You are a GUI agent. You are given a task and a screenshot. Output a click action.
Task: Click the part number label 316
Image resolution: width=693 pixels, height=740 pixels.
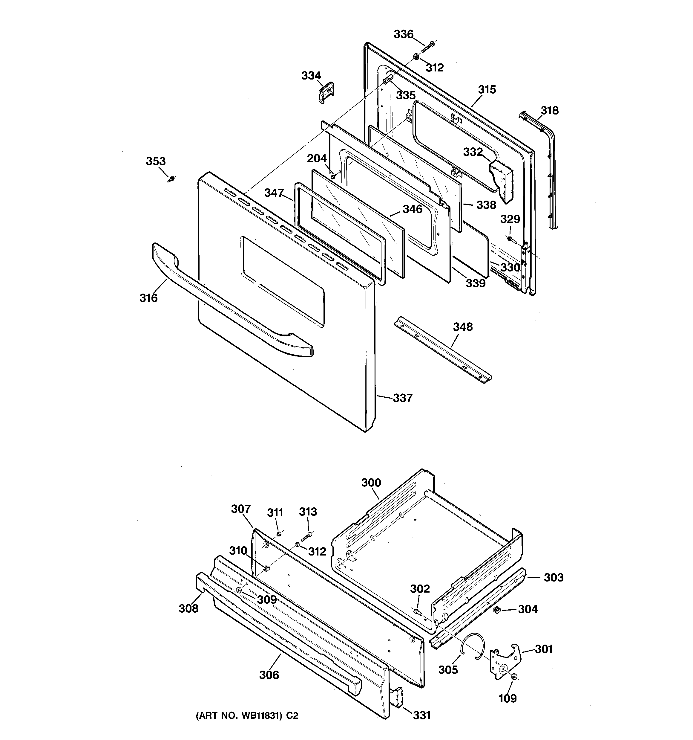pos(148,298)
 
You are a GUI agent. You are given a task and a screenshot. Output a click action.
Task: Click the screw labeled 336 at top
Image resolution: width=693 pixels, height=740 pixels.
pos(429,47)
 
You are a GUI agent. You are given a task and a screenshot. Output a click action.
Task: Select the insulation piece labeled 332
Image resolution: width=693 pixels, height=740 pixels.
pos(502,181)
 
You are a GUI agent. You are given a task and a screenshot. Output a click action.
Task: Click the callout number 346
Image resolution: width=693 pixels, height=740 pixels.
pos(412,209)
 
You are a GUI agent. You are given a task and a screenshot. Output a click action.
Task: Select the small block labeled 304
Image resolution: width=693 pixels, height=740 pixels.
pos(496,610)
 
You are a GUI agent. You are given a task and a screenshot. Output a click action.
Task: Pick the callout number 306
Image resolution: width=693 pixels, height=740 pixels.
pos(269,675)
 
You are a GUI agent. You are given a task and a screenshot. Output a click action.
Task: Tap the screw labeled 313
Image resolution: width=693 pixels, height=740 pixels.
pos(306,537)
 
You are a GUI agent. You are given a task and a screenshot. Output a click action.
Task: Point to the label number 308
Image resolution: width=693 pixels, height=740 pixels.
pos(188,608)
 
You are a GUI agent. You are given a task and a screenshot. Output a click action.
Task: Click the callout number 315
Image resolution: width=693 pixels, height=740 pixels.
pos(487,89)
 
